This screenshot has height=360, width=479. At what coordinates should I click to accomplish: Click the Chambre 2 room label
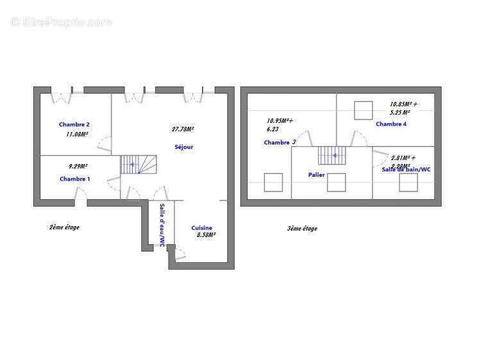74,124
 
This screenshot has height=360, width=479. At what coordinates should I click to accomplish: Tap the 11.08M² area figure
77,135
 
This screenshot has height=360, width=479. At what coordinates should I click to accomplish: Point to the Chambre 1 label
74,179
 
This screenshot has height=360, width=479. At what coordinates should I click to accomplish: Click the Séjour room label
183,147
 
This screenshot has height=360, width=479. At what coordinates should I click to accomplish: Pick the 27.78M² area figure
183,129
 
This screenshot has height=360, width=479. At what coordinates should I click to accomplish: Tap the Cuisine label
201,227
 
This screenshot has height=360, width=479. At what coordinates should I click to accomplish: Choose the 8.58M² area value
206,235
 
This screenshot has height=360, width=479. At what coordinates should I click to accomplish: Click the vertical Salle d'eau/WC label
162,225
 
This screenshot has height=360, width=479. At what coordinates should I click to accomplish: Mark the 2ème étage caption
64,227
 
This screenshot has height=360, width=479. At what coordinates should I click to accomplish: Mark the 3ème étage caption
301,228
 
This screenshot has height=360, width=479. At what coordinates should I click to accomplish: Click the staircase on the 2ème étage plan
139,164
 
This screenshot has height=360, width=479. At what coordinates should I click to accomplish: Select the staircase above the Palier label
332,156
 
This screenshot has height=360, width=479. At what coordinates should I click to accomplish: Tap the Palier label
316,174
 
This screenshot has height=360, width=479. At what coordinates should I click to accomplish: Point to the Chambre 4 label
391,124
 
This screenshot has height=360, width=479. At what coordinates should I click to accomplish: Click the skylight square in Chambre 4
364,110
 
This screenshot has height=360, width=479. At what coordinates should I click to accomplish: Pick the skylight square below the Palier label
336,183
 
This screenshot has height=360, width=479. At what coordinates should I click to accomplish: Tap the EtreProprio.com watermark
61,22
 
